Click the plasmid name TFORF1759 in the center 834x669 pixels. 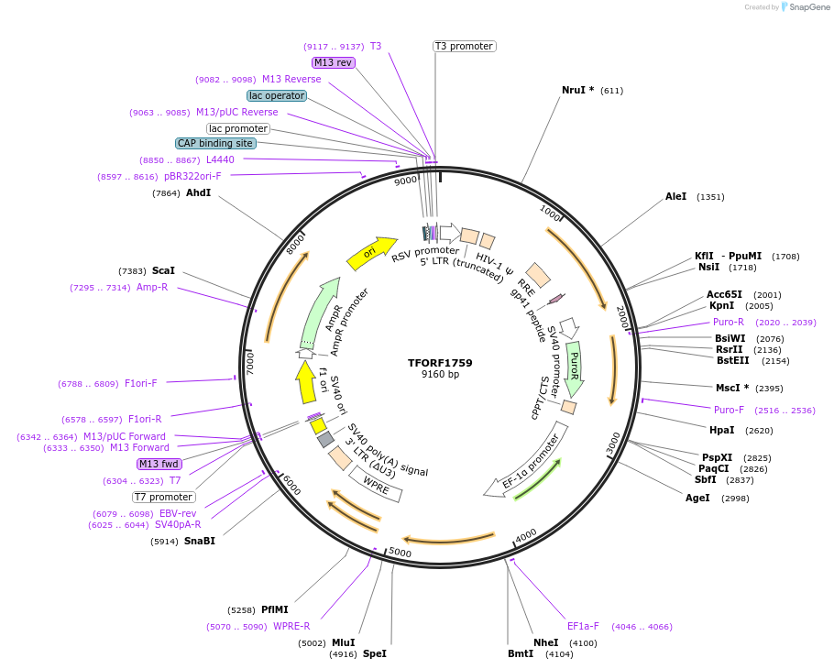(x=440, y=363)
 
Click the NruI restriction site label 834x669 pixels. (x=577, y=91)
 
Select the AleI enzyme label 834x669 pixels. (x=675, y=197)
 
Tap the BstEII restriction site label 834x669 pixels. (x=732, y=360)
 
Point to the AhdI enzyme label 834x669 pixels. (x=198, y=193)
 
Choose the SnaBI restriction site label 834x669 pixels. (x=199, y=541)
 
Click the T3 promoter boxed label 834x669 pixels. (x=464, y=46)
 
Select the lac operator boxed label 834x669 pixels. (x=277, y=95)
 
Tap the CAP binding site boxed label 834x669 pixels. (x=215, y=143)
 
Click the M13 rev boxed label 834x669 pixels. (x=333, y=62)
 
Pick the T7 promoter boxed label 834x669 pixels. (x=163, y=497)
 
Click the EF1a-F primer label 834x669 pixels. (x=583, y=627)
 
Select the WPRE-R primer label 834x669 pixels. (x=291, y=627)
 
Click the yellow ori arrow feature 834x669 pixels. (x=371, y=252)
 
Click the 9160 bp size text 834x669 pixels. (x=440, y=375)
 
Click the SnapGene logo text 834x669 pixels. (x=810, y=7)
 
